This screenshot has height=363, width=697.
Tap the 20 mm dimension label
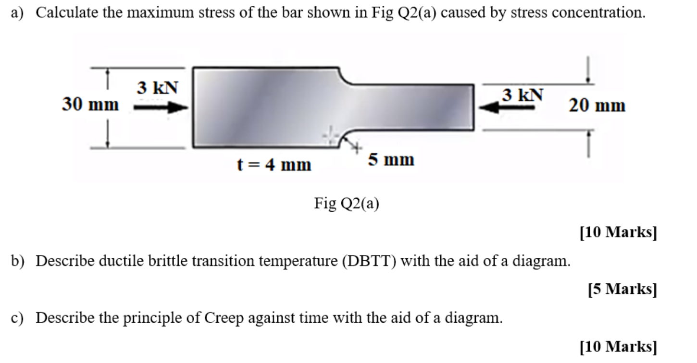coord(597,105)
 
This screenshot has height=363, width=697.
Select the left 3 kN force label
coord(157,88)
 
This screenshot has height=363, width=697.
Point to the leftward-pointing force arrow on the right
coord(508,109)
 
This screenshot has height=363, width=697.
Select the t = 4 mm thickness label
coord(274,165)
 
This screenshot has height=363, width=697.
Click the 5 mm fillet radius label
coord(391,159)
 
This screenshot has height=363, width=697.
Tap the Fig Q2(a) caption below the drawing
coord(347,204)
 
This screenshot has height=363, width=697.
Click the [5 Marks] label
coord(622,289)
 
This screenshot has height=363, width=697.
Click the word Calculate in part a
coord(67,12)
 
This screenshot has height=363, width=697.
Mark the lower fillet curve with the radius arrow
coord(345,138)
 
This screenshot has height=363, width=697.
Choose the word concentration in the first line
coord(597,12)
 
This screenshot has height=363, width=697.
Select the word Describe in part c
coord(64,318)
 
